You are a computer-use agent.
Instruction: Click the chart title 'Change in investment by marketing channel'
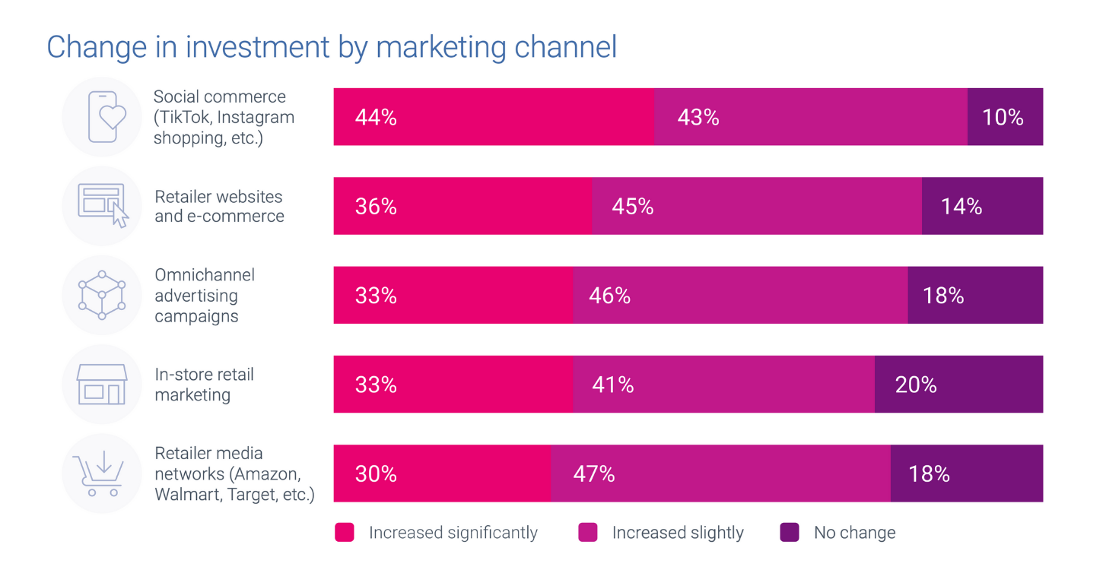coord(332,47)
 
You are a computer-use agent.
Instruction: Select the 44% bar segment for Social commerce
coord(494,117)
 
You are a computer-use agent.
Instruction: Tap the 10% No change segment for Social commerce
coord(1005,117)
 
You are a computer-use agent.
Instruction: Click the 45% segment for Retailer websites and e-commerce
coord(757,206)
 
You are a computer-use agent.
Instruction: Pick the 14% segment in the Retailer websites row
coord(982,206)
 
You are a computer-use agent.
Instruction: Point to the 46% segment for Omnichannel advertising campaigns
coord(740,295)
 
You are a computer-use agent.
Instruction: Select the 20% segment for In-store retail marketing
coord(958,385)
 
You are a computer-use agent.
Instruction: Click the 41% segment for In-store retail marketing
coord(723,385)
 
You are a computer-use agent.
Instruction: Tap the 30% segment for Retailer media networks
coord(442,473)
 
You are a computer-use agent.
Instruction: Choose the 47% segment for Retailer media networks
coord(720,473)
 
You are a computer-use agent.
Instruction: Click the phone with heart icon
coord(103,117)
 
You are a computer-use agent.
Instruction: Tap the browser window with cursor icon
coord(103,206)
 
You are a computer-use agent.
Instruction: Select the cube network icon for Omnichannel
coord(102,295)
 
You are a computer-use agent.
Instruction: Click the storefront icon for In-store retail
coord(102,385)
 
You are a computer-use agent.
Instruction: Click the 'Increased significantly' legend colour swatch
coord(345,533)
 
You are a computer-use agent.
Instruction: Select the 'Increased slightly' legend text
coord(678,533)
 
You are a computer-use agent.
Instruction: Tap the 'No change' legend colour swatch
coord(790,533)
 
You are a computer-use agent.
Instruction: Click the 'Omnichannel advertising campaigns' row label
coord(204,296)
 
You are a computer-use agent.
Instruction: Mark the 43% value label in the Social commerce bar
coord(698,117)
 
